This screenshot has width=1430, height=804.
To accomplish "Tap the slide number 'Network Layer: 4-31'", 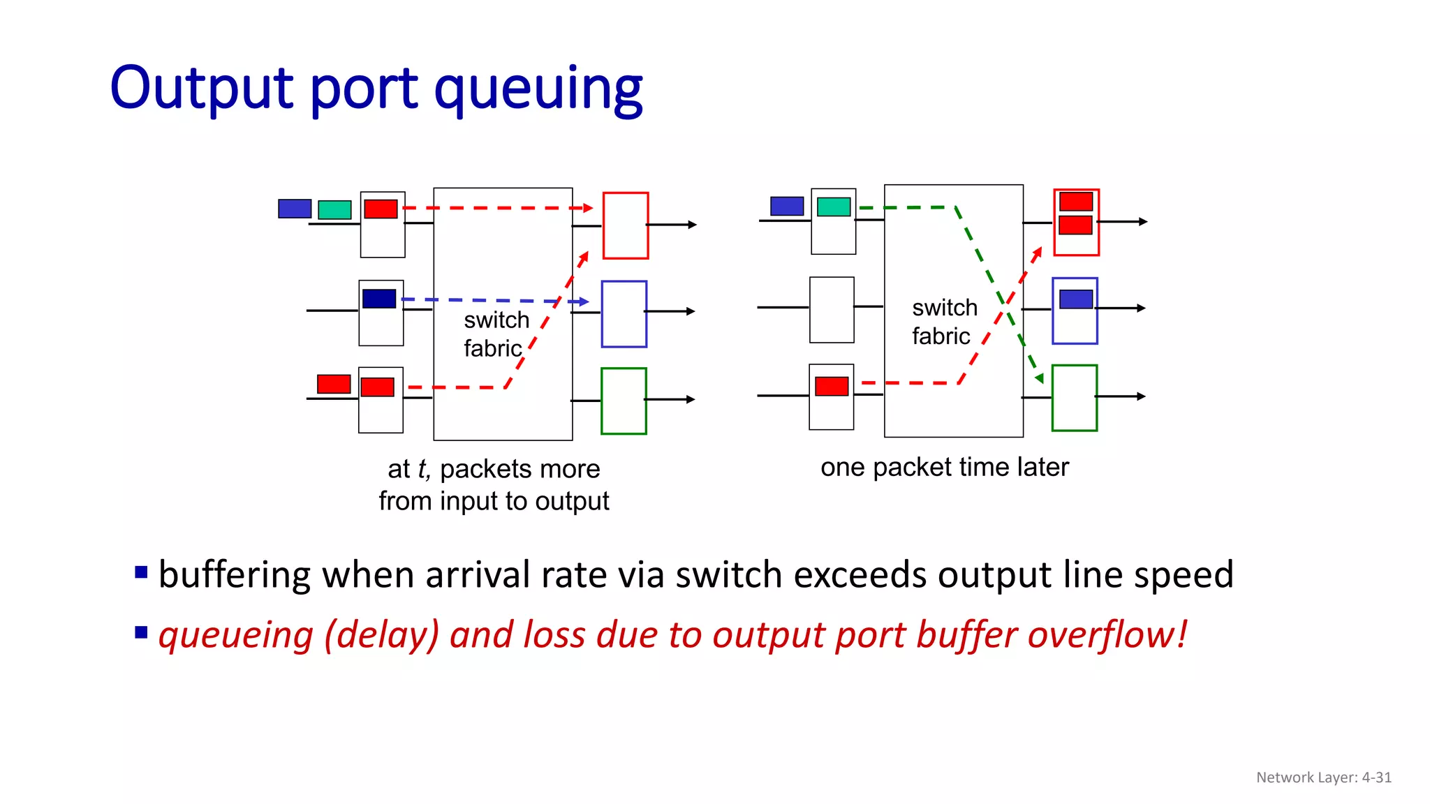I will [1323, 777].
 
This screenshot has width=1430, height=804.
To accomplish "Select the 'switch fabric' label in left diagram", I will [496, 334].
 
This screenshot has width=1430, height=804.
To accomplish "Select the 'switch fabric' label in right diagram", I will [943, 322].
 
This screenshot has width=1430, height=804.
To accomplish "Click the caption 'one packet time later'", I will [944, 467].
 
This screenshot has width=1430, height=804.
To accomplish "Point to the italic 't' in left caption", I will [422, 469].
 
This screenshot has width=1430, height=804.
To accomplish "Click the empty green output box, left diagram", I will [624, 401].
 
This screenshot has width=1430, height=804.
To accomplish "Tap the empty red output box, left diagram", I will [626, 225].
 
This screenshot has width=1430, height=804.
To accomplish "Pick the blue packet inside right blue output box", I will [1075, 299].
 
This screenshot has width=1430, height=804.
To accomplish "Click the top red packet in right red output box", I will [1075, 202].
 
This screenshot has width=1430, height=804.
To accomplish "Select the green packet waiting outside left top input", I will [334, 209].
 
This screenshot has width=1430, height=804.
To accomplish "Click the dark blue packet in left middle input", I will [379, 299].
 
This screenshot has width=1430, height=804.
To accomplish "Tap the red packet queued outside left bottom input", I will [334, 384].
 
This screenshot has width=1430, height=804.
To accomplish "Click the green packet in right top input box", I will [834, 207].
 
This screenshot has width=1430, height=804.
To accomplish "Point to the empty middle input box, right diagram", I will [832, 310].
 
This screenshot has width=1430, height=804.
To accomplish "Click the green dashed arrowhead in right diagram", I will [1039, 378].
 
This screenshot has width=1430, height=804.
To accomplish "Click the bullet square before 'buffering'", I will [141, 573].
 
